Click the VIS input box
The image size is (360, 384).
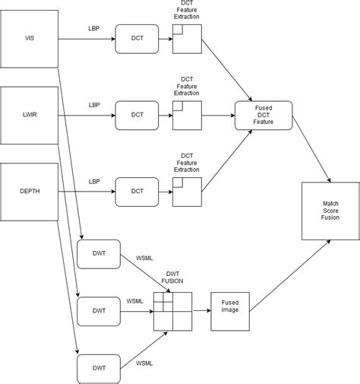(x=30, y=37)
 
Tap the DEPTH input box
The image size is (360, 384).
(x=30, y=191)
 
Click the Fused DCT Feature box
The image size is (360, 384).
(x=264, y=116)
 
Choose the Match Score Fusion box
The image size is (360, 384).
(x=330, y=211)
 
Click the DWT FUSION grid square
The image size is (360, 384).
(x=172, y=310)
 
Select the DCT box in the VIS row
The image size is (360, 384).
(x=137, y=38)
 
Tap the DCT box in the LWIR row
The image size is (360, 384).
(x=137, y=116)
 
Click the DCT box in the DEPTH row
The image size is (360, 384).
(x=137, y=192)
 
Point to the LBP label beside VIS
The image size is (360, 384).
(x=94, y=27)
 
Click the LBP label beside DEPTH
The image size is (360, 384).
(x=94, y=181)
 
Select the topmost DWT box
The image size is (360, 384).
(x=99, y=252)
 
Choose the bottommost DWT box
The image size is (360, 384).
(x=99, y=369)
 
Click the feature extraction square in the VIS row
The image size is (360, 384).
(x=187, y=38)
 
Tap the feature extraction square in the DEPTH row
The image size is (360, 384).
(x=187, y=192)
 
